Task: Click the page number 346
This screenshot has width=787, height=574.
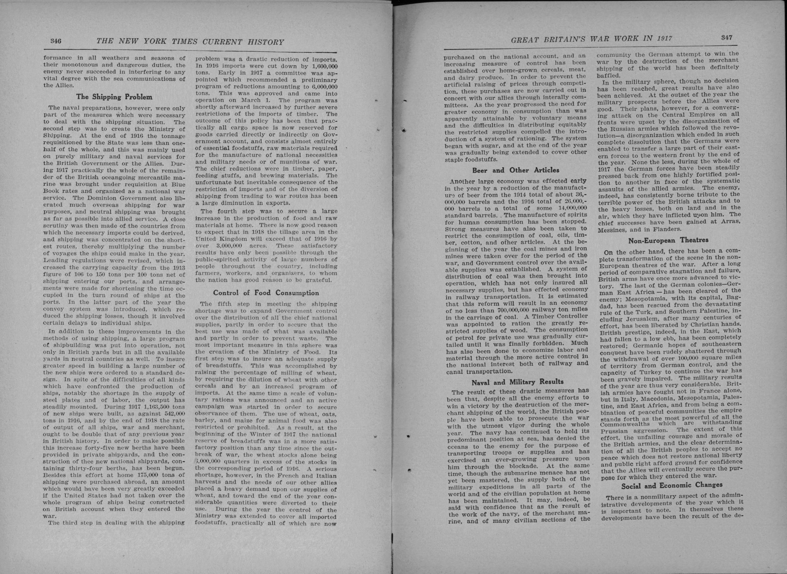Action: point(55,41)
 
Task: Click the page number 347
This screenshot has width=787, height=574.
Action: point(726,37)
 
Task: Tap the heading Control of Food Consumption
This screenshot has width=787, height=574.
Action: point(266,292)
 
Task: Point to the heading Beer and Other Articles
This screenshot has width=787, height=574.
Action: point(515,170)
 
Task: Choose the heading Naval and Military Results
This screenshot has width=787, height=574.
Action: point(517,382)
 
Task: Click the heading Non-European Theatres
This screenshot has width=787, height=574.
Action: point(668,240)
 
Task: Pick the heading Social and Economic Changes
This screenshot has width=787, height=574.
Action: point(672,485)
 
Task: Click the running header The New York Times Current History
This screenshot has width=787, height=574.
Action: point(190,42)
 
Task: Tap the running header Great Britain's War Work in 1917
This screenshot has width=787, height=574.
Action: point(592,39)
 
